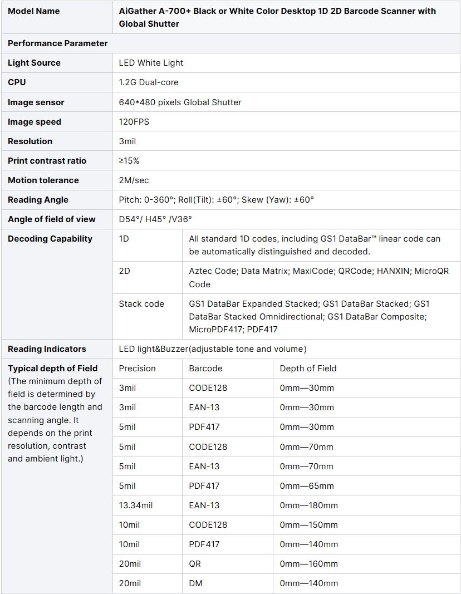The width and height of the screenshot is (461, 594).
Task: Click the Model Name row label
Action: click(x=33, y=11)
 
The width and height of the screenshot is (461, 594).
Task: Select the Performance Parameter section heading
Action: click(x=58, y=43)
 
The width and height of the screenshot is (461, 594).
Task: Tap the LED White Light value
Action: click(x=151, y=63)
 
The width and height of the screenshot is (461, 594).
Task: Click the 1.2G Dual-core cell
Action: click(x=149, y=82)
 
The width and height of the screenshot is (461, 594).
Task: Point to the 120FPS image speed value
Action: click(x=134, y=122)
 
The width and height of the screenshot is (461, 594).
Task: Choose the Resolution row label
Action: click(x=30, y=141)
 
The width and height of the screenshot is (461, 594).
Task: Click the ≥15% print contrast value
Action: click(x=129, y=161)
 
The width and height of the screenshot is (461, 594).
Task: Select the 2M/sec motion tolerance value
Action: click(x=134, y=180)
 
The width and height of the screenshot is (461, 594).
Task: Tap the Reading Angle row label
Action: click(x=38, y=200)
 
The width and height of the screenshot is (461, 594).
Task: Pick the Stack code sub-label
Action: click(x=141, y=304)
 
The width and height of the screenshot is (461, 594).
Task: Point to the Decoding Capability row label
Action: click(x=50, y=239)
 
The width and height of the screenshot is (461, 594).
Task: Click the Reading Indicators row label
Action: click(x=47, y=349)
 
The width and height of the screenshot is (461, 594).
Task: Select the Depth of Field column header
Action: click(x=308, y=369)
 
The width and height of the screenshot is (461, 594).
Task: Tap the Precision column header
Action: click(x=138, y=369)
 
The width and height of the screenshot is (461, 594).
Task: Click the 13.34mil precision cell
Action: click(x=136, y=505)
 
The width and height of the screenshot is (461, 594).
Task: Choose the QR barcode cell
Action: click(x=195, y=564)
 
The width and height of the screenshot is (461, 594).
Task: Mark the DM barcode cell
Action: click(x=195, y=583)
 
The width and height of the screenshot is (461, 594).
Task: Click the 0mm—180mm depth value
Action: click(x=309, y=505)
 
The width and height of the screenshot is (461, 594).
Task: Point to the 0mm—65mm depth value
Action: click(x=307, y=486)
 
